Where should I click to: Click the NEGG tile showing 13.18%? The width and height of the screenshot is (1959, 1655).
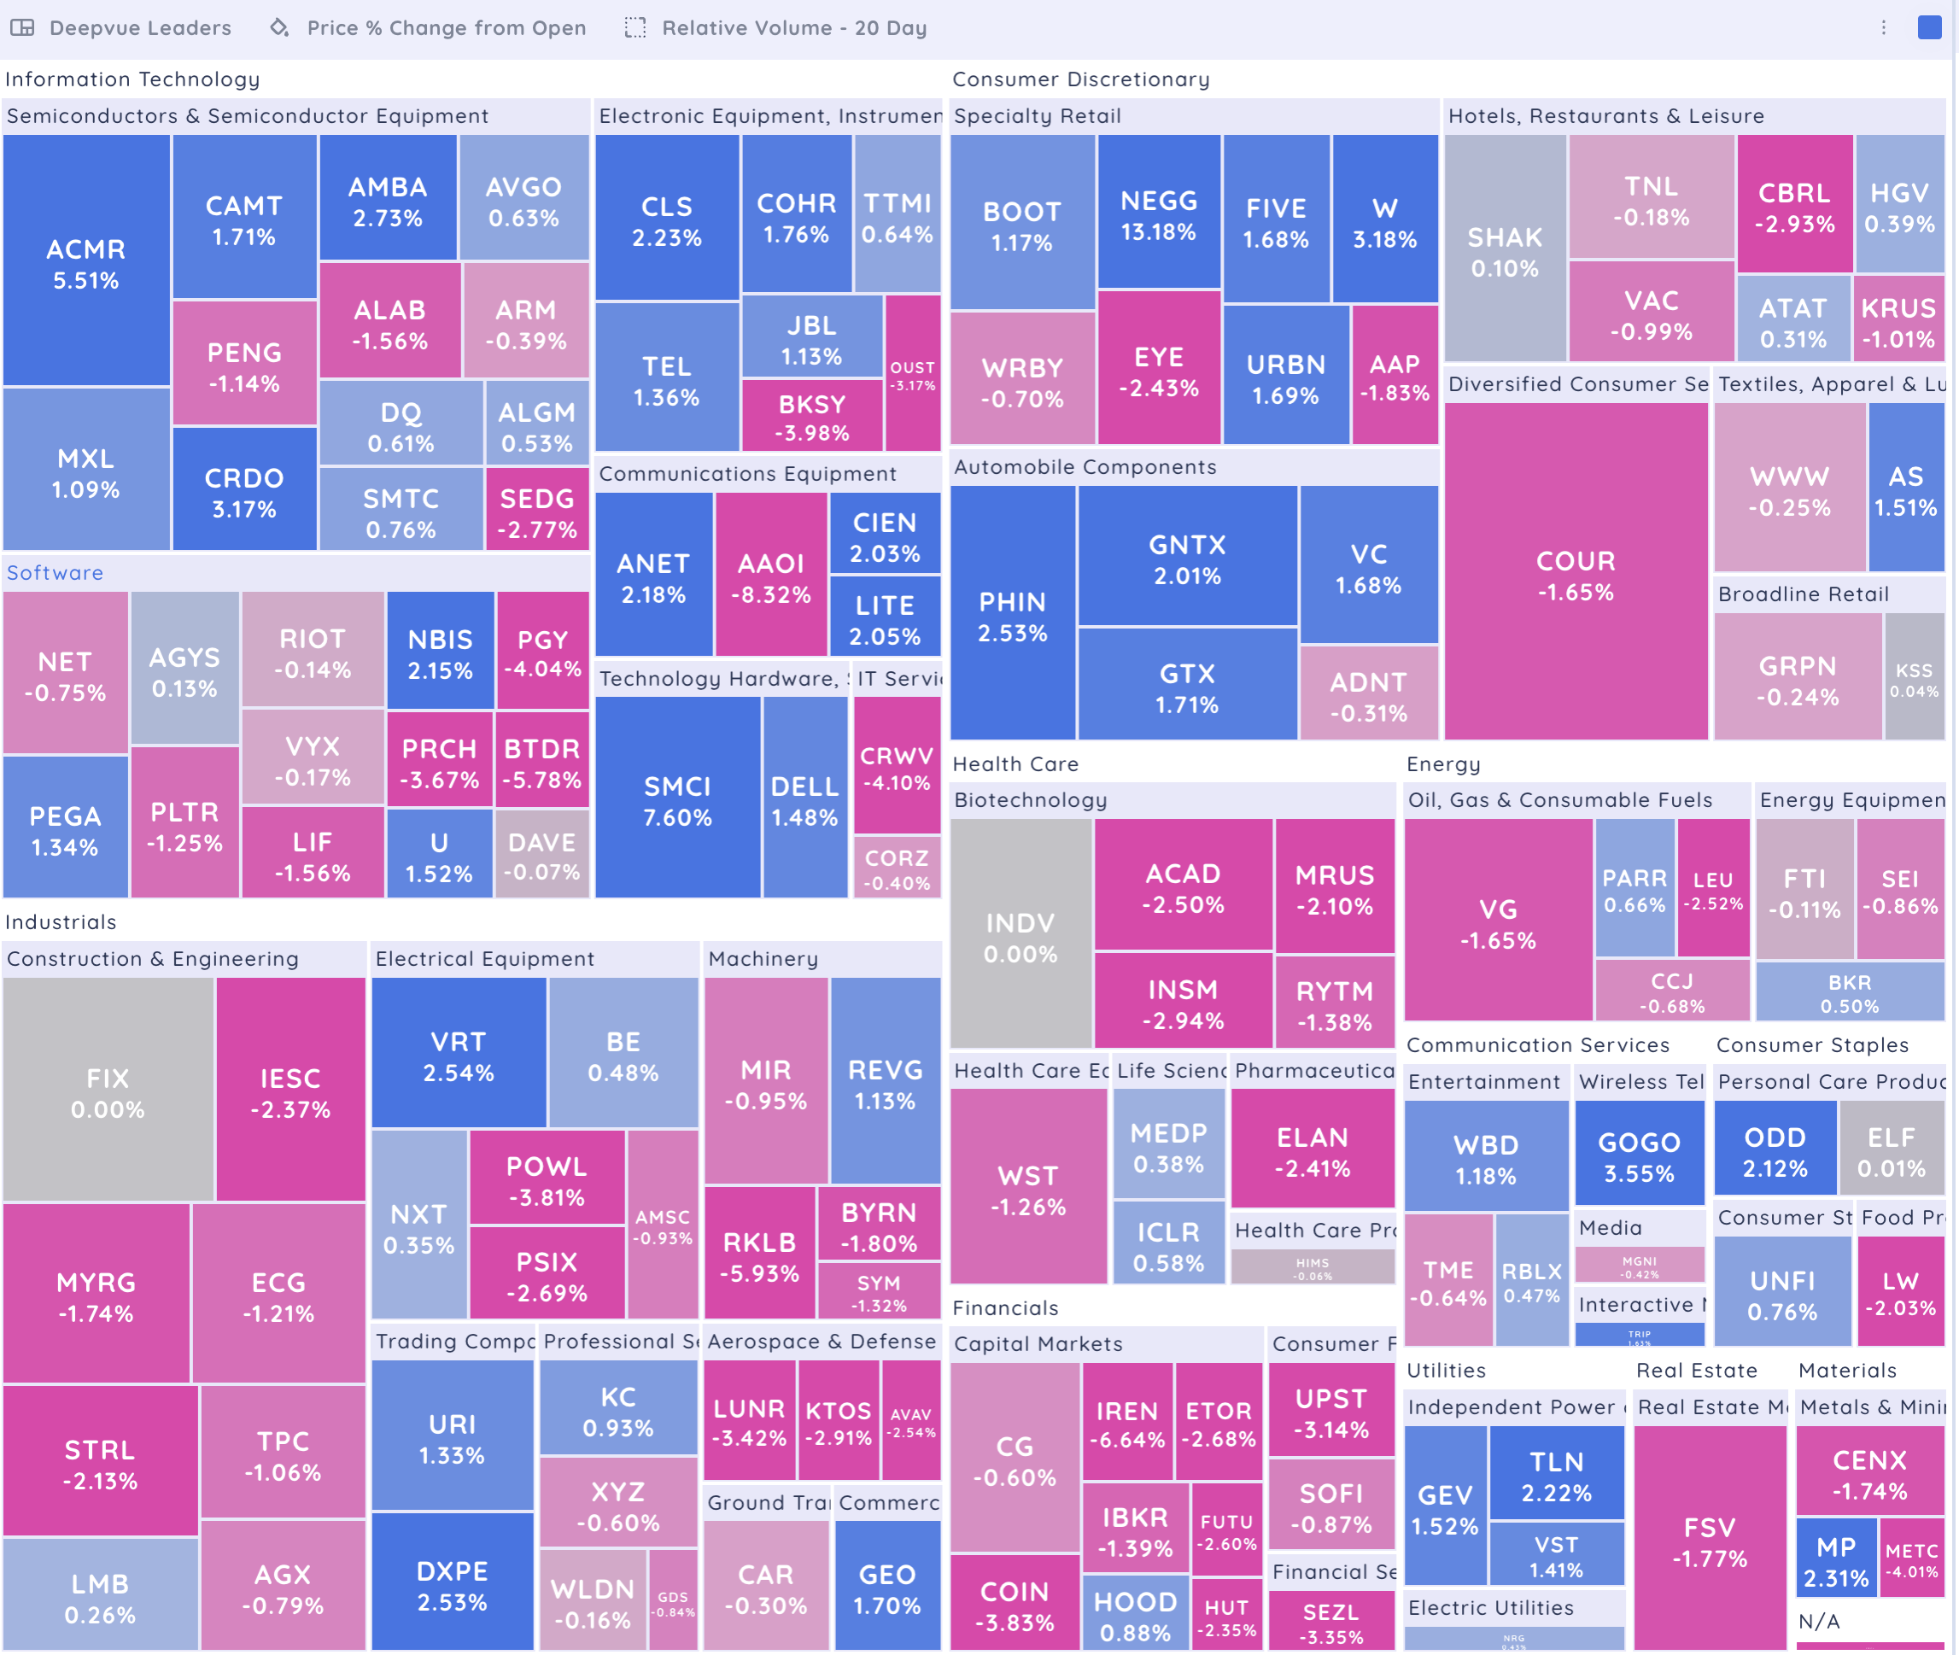[1159, 215]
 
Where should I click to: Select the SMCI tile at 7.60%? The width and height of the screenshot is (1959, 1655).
[676, 800]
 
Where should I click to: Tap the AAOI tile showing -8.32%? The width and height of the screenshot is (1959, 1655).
[771, 577]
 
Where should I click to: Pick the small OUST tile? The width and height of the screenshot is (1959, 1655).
[912, 374]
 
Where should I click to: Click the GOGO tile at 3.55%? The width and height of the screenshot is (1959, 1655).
[1638, 1156]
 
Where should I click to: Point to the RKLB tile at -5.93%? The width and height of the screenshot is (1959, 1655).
[759, 1256]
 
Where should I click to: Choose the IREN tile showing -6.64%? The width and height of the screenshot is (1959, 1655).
[1126, 1424]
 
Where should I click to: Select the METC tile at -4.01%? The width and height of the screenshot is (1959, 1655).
[1911, 1559]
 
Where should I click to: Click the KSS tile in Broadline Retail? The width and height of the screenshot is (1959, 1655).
[1913, 679]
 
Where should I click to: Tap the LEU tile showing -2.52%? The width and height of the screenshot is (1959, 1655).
[1712, 890]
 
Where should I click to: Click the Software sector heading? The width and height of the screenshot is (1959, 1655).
[56, 572]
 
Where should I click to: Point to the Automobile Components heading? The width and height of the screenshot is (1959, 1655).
[1085, 466]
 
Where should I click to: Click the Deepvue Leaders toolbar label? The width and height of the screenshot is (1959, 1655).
[140, 28]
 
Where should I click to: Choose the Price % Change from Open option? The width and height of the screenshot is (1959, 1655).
[446, 28]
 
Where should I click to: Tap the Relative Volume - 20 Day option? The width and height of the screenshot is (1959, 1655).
[793, 28]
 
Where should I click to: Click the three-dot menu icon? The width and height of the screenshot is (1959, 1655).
[1883, 27]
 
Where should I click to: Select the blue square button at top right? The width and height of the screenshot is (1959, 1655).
[1929, 27]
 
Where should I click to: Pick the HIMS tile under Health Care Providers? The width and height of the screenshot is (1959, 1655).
[1312, 1267]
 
